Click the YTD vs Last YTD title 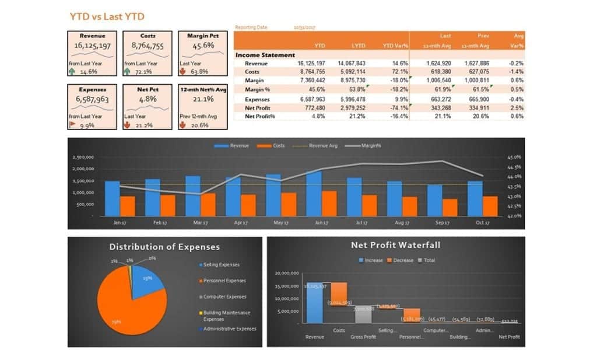pos(107,16)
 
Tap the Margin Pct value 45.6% pos(202,46)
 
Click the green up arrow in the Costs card pos(128,72)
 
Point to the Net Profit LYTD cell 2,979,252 pos(352,108)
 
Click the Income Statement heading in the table pos(265,55)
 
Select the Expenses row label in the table pos(257,99)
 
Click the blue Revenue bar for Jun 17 pos(314,193)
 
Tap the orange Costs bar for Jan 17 pos(128,205)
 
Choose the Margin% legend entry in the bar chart pos(363,145)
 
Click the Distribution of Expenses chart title pos(164,247)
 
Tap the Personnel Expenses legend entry pos(224,281)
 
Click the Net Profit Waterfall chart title pos(395,245)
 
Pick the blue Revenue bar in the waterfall pos(315,303)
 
